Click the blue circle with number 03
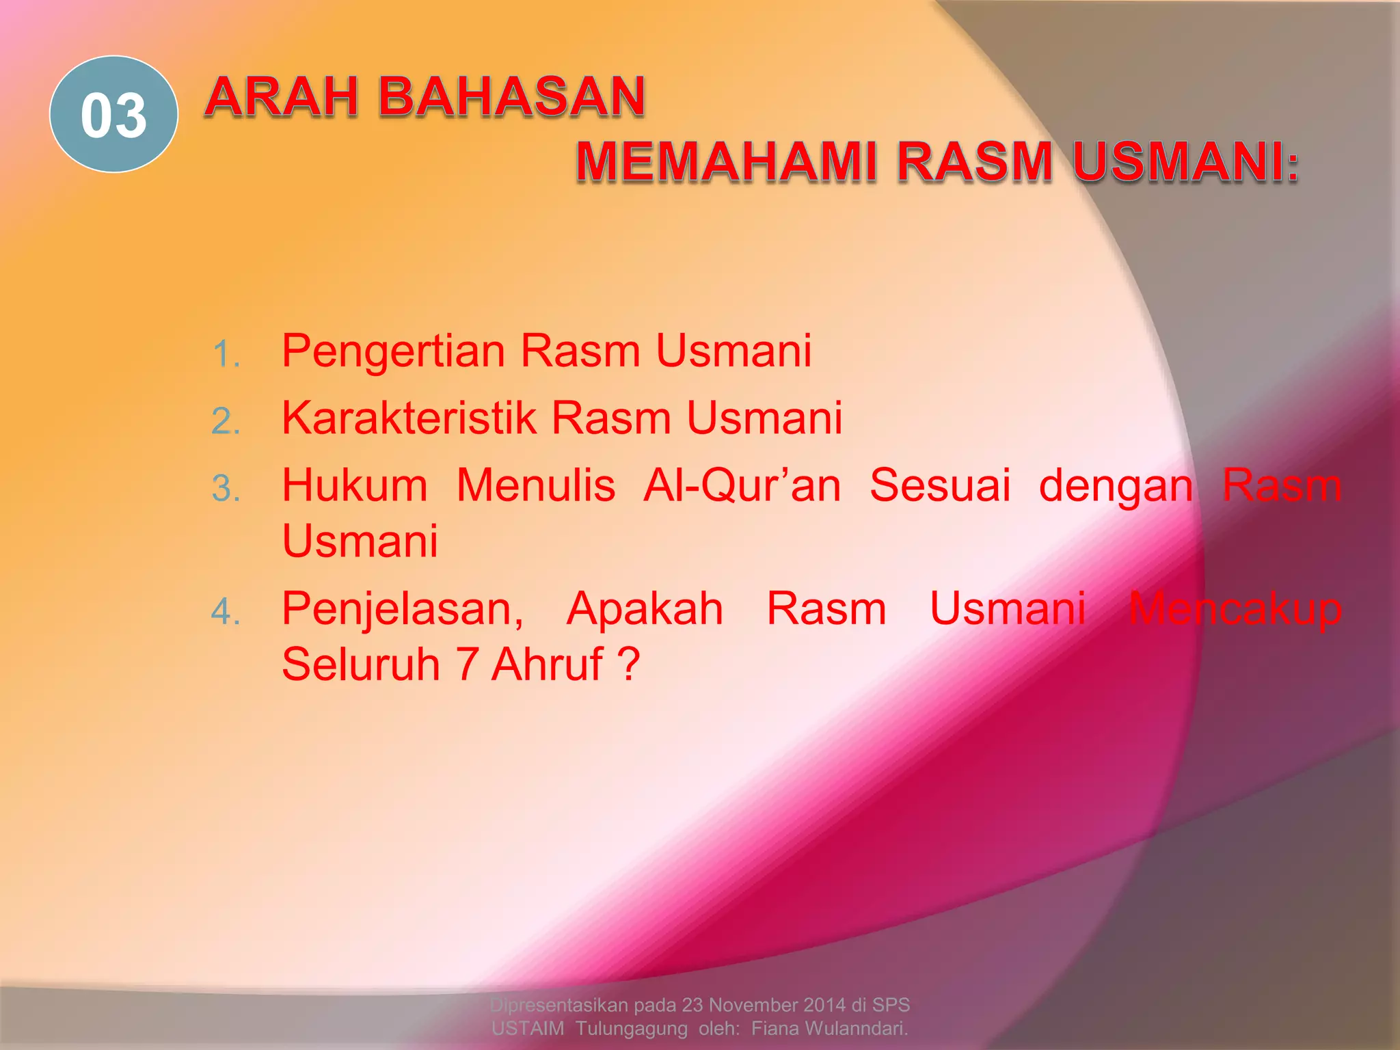tap(113, 114)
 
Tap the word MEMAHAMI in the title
tap(726, 162)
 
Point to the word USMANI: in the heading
tap(1185, 162)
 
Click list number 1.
tap(226, 355)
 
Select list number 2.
tap(226, 421)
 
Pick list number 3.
tap(226, 489)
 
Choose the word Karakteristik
tap(409, 418)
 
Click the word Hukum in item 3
tap(355, 485)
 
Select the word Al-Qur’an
tap(742, 485)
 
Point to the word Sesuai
tap(940, 485)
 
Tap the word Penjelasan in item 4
tap(403, 610)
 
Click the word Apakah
tap(645, 608)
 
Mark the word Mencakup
tap(1235, 608)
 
